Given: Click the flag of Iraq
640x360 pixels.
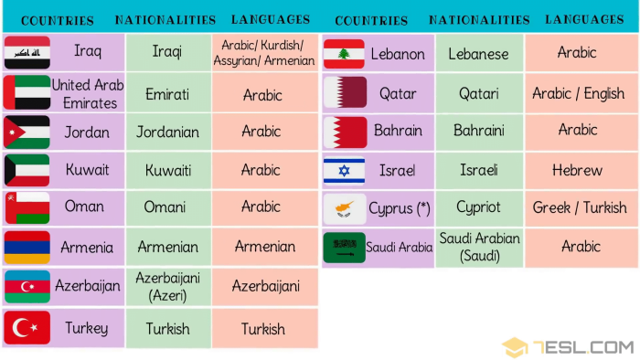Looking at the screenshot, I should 27,53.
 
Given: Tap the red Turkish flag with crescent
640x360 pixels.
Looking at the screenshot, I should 27,328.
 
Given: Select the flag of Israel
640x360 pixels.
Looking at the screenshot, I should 344,170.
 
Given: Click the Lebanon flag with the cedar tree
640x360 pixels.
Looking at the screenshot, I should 344,54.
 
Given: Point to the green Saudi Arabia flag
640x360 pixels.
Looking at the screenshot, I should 344,247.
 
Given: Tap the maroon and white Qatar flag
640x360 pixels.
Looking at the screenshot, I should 344,92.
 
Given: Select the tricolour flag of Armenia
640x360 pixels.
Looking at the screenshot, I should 27,247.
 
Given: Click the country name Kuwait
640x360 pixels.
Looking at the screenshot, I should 87,169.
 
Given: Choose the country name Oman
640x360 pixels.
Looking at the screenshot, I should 84,206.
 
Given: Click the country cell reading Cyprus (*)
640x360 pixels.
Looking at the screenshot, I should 399,208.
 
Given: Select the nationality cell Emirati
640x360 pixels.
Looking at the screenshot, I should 168,93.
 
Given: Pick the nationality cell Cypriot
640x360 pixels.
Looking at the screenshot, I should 478,207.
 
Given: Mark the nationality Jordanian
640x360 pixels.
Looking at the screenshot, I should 168,132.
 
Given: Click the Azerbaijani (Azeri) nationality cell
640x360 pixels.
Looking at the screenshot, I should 168,286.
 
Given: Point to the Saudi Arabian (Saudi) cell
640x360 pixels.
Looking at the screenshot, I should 479,247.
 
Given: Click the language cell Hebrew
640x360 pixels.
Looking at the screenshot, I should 577,170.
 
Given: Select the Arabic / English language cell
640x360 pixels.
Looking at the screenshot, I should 578,93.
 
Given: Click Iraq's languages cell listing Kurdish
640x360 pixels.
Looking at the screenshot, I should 263,53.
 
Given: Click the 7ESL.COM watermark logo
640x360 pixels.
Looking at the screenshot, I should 568,347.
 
